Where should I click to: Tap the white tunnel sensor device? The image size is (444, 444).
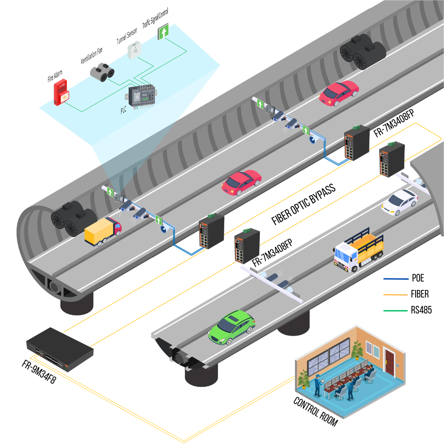click(134, 50)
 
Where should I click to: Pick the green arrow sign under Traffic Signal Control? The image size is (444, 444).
click(163, 32)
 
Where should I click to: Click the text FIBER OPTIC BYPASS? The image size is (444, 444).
click(303, 203)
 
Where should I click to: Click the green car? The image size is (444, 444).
click(232, 328)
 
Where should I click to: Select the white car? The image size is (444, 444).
click(400, 202)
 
